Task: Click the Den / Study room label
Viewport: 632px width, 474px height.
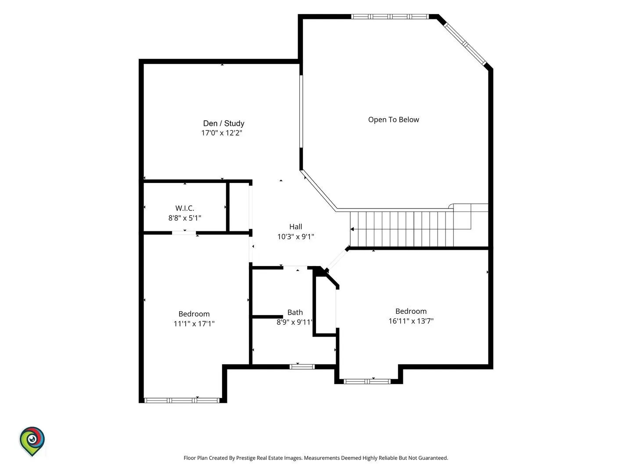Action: [x=223, y=123]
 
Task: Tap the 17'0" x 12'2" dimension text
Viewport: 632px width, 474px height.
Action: [x=221, y=133]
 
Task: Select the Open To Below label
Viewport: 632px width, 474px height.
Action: [x=393, y=119]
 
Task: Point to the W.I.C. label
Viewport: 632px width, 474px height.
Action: [x=185, y=208]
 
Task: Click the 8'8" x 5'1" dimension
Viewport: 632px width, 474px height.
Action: [x=185, y=218]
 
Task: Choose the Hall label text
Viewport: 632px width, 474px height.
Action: [x=295, y=227]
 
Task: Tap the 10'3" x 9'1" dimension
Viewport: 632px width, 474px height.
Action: [x=295, y=237]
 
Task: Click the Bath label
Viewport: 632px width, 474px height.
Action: [x=295, y=312]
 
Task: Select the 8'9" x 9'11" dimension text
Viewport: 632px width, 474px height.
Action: [x=294, y=322]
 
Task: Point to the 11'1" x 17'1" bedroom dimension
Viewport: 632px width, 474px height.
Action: [x=194, y=323]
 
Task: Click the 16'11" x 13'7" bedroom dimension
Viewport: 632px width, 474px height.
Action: [x=411, y=321]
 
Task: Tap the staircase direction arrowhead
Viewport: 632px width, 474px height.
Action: [x=352, y=229]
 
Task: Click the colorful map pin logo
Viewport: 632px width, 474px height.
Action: [x=32, y=441]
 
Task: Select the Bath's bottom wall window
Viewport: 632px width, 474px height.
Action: [x=302, y=366]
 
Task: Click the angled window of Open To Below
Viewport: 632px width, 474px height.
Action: [x=465, y=44]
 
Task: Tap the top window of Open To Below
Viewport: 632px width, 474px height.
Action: [x=390, y=17]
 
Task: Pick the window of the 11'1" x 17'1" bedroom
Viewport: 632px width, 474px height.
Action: [x=182, y=400]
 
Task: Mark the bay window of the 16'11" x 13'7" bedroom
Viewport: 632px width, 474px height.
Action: [x=367, y=382]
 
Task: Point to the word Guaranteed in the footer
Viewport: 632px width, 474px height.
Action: [x=433, y=458]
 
